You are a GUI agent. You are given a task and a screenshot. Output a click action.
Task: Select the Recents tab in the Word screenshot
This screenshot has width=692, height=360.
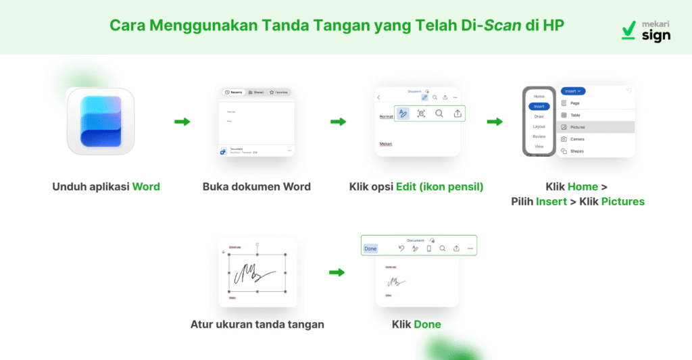[234, 92]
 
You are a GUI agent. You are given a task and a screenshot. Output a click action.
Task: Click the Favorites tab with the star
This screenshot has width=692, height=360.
[277, 92]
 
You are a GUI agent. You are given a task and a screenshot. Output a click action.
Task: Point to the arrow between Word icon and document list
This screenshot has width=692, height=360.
[182, 122]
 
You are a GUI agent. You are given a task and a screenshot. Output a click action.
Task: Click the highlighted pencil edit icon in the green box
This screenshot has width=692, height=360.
[403, 113]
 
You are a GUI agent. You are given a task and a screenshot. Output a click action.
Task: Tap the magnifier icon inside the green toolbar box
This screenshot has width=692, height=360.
[439, 113]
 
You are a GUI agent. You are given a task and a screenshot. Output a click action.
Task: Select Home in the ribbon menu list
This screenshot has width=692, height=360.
[539, 97]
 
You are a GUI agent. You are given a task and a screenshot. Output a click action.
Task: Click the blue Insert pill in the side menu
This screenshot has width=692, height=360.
[539, 106]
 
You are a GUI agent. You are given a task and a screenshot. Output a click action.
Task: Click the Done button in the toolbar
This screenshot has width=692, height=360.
[370, 249]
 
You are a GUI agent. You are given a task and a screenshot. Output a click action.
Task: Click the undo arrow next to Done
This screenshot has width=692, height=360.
[401, 249]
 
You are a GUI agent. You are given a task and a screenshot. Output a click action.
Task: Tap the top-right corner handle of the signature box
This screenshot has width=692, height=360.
[286, 255]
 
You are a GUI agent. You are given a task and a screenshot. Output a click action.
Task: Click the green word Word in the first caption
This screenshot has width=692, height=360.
[146, 186]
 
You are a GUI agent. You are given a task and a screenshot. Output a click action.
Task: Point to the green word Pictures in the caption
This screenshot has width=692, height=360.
[622, 201]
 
